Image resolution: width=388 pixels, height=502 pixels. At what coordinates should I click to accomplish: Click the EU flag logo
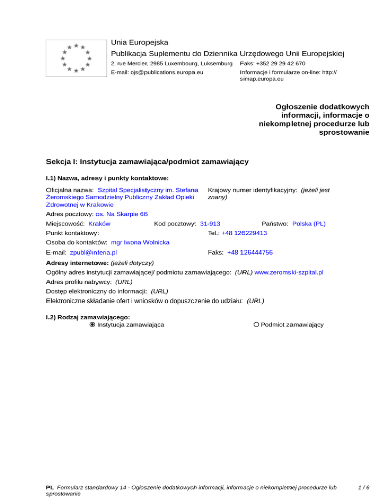(x=76, y=58)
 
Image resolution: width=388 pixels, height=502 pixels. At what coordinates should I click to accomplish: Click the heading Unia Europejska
(x=139, y=42)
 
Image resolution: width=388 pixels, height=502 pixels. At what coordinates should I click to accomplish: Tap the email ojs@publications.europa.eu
(x=157, y=73)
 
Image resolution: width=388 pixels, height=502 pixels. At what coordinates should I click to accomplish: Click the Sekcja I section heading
(x=147, y=162)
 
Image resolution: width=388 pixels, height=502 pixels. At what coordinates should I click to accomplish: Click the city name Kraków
(x=100, y=223)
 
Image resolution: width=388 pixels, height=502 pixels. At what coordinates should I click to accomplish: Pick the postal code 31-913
(x=210, y=223)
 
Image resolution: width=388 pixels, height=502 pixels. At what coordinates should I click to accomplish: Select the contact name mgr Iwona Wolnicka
(x=140, y=242)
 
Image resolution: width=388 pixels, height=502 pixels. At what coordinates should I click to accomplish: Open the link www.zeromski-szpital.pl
(x=289, y=272)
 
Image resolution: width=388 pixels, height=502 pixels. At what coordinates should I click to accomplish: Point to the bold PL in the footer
(x=50, y=488)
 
